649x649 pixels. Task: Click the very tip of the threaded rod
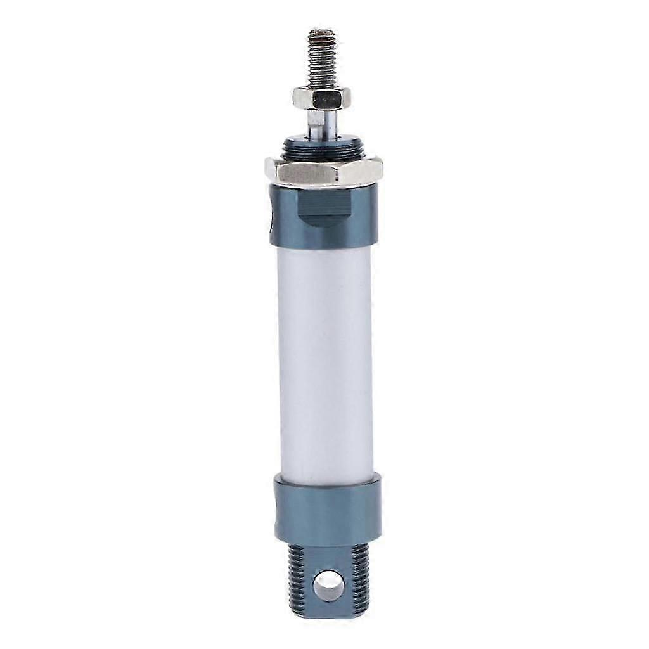322,31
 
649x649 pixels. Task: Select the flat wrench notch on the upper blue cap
324,206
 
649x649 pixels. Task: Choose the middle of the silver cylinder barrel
324,361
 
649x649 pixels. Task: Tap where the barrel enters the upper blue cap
324,248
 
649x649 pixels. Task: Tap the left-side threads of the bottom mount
298,580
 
